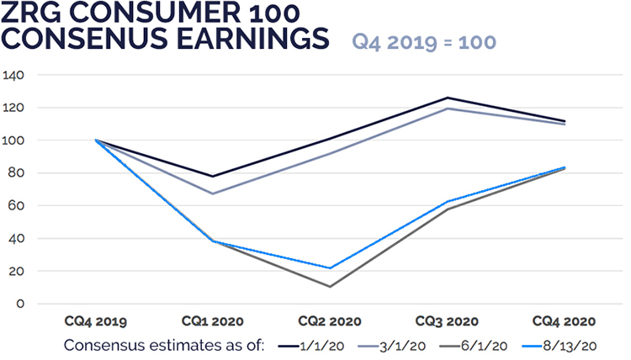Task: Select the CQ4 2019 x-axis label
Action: coord(96,321)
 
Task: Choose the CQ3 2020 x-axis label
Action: coord(447,321)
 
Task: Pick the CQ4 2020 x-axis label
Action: coord(564,321)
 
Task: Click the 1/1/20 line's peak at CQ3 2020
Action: coord(447,98)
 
